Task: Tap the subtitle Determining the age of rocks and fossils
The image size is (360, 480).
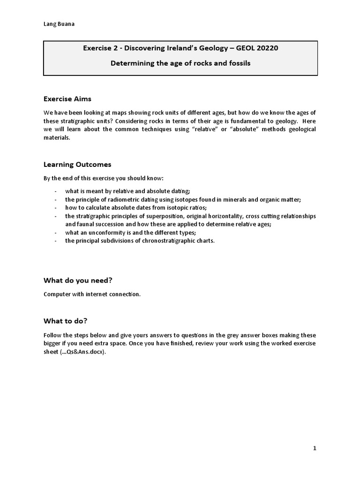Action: [x=180, y=63]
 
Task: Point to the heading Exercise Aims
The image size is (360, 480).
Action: [x=67, y=99]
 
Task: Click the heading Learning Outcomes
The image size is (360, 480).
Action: [x=77, y=165]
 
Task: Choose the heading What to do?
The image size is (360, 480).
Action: [x=66, y=321]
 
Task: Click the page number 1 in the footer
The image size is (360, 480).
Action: [x=315, y=448]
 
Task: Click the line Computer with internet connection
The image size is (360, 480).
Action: [x=91, y=294]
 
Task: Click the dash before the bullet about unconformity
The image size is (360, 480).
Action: [x=56, y=232]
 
